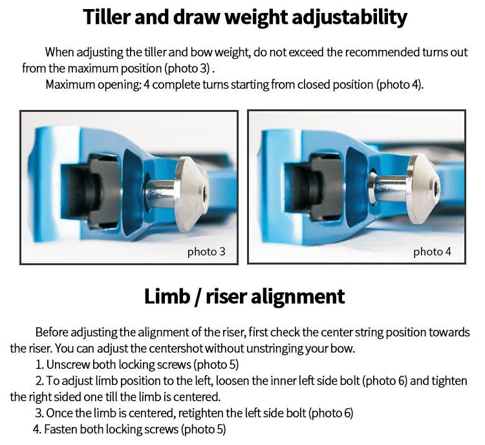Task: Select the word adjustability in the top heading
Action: click(x=349, y=18)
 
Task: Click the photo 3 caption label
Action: click(x=206, y=252)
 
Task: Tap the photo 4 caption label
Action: click(x=432, y=252)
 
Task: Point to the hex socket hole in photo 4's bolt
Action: click(x=436, y=188)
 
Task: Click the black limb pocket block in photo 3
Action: click(x=90, y=190)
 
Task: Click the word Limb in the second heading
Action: click(x=167, y=296)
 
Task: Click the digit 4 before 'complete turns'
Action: click(x=147, y=85)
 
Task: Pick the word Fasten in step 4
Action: click(x=61, y=429)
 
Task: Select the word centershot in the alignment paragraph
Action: click(x=176, y=349)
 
